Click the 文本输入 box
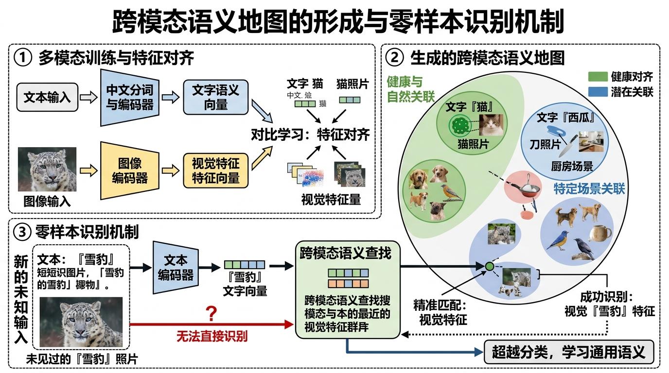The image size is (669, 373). (47, 97)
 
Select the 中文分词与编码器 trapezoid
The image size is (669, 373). (129, 97)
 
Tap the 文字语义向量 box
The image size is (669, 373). (215, 97)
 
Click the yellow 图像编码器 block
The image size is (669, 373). (129, 170)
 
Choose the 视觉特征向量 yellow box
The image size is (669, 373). (215, 170)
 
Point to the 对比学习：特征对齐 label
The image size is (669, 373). (310, 135)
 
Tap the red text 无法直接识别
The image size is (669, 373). (211, 335)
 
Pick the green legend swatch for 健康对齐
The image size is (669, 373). (598, 76)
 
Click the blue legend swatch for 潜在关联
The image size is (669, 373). (598, 91)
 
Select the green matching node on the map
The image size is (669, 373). (490, 266)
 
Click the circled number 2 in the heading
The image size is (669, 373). (394, 58)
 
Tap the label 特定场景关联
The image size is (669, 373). (589, 188)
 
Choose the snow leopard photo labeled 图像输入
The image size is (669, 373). (47, 169)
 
